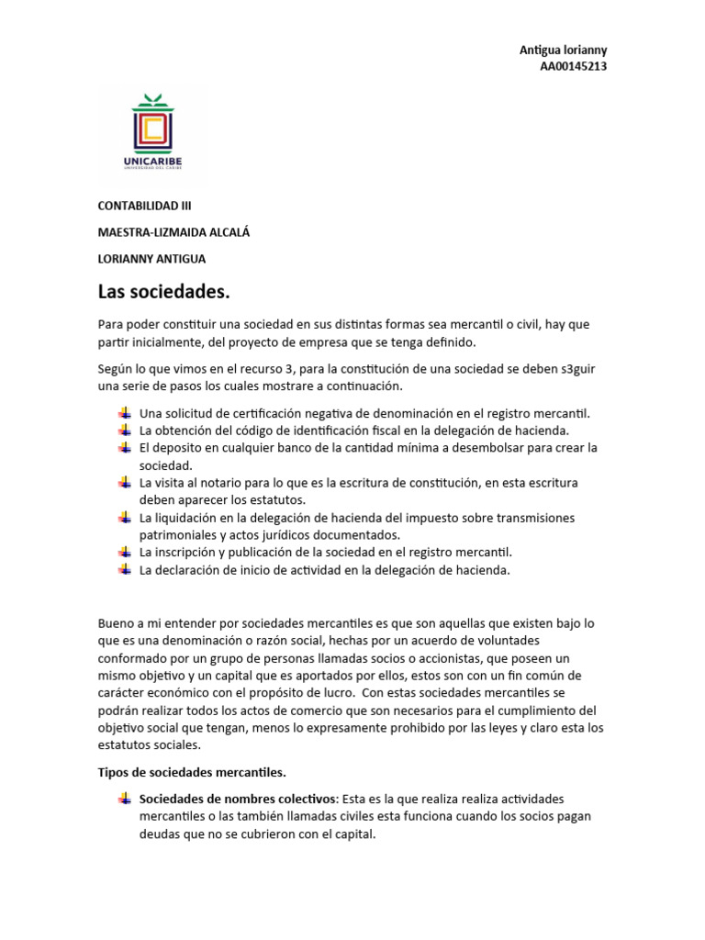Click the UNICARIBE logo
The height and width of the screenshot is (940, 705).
click(152, 134)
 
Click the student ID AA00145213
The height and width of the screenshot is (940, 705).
click(574, 66)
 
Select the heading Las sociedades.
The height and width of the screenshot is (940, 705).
click(162, 292)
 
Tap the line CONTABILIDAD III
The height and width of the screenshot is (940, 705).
click(145, 206)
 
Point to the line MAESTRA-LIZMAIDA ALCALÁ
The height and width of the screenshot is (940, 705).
click(173, 232)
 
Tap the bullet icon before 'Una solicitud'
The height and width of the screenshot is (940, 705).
click(125, 413)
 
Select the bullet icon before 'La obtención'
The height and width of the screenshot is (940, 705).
click(125, 430)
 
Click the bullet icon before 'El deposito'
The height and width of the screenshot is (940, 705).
click(125, 447)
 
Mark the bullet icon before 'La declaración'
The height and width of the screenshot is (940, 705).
click(125, 569)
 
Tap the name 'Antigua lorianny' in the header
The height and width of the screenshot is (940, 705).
click(563, 50)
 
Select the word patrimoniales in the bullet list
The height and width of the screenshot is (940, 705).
click(178, 534)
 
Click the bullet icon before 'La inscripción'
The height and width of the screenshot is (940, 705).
click(125, 552)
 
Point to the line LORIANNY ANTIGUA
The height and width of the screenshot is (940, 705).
click(151, 259)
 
